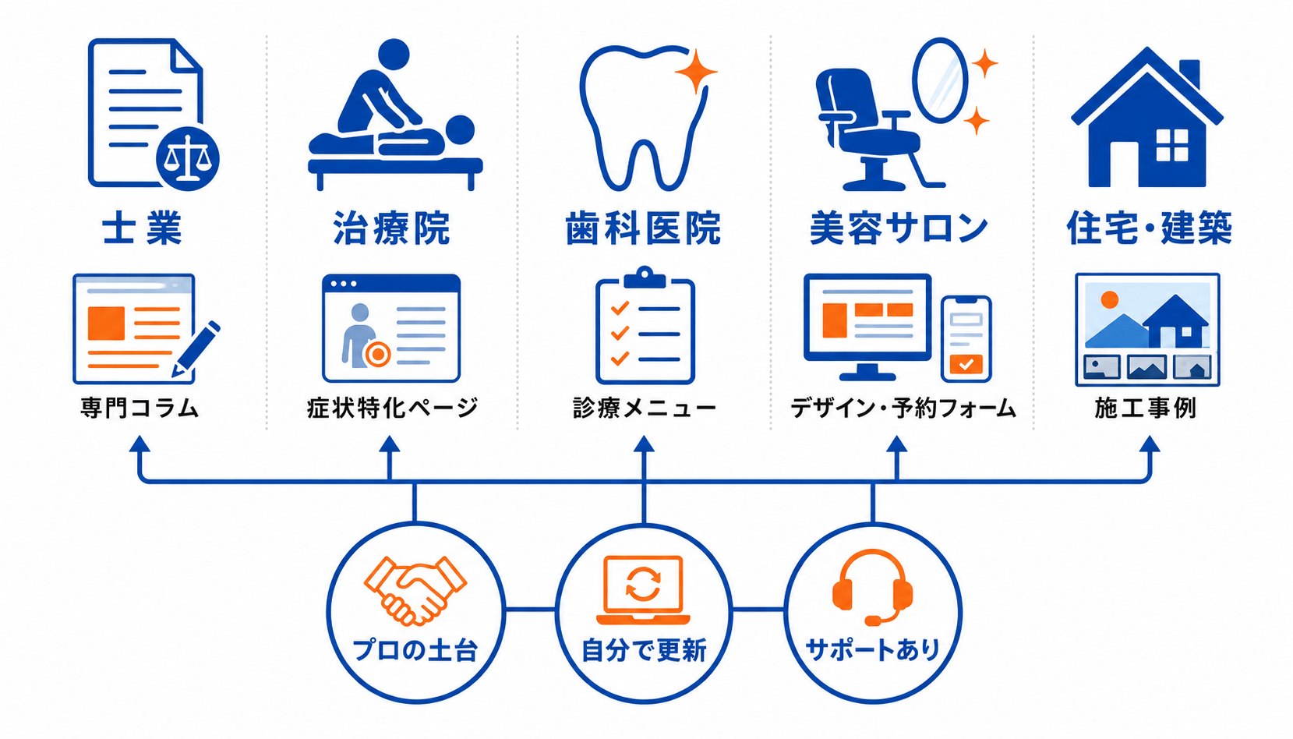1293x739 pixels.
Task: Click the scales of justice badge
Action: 188,158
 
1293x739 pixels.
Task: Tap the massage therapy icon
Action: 395,115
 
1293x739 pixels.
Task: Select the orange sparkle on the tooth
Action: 696,72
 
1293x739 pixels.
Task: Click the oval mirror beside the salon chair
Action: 940,80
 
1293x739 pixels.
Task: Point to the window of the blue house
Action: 1172,145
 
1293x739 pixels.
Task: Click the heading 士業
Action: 142,228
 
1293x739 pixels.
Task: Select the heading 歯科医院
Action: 643,228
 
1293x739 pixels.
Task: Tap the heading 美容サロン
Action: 898,228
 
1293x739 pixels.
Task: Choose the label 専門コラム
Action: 139,408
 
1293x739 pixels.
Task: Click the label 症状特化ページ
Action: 392,408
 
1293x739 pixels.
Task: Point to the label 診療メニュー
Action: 645,408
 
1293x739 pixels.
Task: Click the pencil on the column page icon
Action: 196,349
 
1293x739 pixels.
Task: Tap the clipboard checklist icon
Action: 645,325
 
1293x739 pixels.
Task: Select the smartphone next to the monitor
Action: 966,339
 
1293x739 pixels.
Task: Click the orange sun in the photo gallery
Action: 1109,299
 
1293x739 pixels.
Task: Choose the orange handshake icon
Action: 415,591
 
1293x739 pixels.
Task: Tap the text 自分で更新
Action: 644,651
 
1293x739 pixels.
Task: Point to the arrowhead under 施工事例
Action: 1150,444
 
